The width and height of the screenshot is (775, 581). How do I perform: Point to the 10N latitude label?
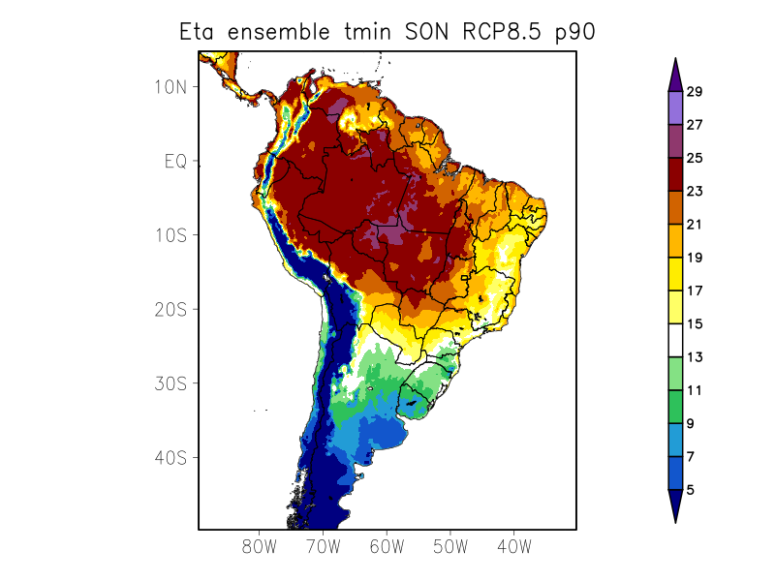coord(170,86)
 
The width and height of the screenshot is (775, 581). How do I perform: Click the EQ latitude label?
coord(174,161)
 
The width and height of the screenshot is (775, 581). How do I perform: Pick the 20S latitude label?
coord(170,309)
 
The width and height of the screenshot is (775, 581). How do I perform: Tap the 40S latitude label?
coord(170,457)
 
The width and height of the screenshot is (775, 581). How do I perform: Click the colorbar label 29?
coord(694,92)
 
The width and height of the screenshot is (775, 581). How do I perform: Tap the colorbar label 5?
coord(690,490)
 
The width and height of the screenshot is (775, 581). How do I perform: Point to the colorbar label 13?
coord(694,357)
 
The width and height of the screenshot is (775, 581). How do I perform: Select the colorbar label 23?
coord(694,192)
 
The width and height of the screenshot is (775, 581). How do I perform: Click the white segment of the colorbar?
coord(675,341)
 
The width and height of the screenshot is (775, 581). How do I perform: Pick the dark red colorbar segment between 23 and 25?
coord(675,175)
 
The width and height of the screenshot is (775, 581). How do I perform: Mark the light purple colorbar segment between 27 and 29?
coord(675,108)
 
